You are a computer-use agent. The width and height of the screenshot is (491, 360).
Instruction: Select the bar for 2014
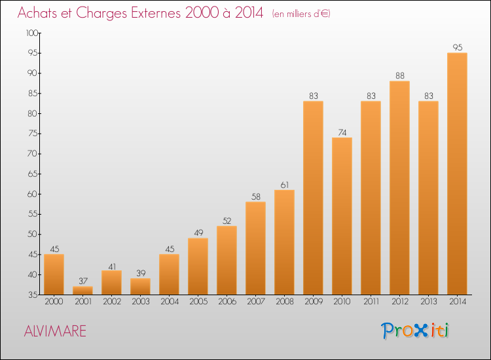[x=457, y=173]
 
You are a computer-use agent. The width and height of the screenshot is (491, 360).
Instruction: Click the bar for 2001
[x=82, y=291]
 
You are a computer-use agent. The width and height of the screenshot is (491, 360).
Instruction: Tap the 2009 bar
[x=313, y=198]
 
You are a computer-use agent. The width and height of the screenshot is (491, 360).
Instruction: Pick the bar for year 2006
[x=227, y=260]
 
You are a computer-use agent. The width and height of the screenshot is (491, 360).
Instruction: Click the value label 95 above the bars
[x=458, y=47]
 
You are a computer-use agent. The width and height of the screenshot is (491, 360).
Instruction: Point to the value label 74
[x=342, y=132]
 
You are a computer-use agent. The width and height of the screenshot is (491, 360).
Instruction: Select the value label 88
[x=400, y=75]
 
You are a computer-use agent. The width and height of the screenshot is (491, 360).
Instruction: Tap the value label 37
[x=83, y=281]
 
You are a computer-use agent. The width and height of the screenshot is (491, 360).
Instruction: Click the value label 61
[x=285, y=185]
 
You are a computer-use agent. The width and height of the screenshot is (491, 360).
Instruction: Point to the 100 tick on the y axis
[x=32, y=33]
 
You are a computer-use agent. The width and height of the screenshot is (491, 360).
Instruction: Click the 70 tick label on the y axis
[x=33, y=154]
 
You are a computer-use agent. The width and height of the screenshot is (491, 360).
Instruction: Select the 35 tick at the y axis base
[x=33, y=295]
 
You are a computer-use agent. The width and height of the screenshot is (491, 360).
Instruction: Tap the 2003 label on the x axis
[x=141, y=302]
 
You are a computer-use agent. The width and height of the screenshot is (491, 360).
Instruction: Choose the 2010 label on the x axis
[x=342, y=302]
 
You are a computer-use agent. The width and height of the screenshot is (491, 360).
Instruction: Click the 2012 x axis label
[x=400, y=302]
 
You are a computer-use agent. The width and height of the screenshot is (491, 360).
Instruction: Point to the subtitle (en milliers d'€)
[x=301, y=14]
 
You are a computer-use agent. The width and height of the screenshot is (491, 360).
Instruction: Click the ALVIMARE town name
[x=55, y=331]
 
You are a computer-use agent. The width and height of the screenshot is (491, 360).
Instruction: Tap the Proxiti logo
[x=415, y=331]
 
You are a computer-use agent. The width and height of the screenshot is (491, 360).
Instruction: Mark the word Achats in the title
[x=37, y=12]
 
